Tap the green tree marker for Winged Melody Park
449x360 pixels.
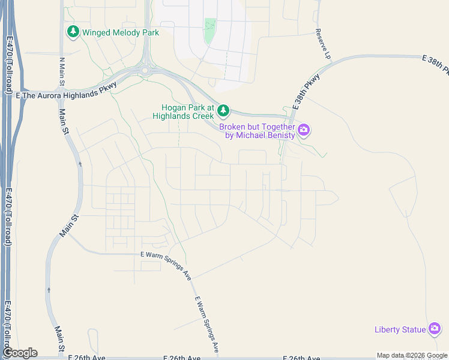[x=73, y=31]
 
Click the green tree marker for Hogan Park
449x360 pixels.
[x=223, y=110]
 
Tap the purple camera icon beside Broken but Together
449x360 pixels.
[x=304, y=130]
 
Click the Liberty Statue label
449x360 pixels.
[x=399, y=329]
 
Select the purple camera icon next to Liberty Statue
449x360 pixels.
[x=435, y=329]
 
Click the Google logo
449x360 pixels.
[x=20, y=353]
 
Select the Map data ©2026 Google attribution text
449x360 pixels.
[x=412, y=356]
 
